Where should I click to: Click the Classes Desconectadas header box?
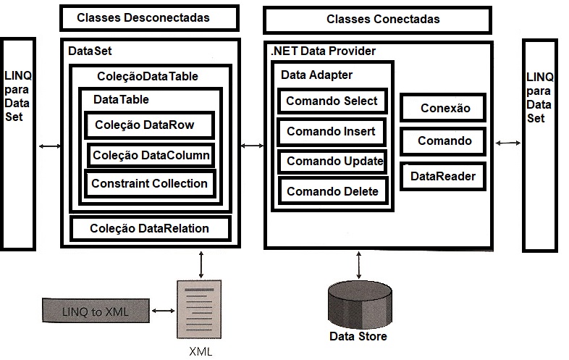coord(148,17)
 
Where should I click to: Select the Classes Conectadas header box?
coord(382,20)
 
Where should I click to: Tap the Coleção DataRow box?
coord(150,125)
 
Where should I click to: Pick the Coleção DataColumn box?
coord(151,154)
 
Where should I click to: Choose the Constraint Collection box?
coord(149,183)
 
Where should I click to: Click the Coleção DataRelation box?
coord(149,228)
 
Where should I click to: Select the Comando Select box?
coord(332,101)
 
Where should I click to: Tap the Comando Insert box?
coord(331,132)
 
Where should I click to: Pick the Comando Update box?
coord(334,162)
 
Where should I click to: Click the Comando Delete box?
coord(332,192)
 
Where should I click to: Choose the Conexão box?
coord(444,109)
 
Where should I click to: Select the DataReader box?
coord(443,176)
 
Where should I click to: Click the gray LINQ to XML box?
coord(96,311)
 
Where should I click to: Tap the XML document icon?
coord(200,309)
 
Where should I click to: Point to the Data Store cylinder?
coord(358,304)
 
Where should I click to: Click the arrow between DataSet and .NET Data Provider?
coord(251,147)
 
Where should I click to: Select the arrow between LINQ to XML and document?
coord(164,311)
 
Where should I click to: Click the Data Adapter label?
coord(316,75)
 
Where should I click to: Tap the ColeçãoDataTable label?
coord(147,76)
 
